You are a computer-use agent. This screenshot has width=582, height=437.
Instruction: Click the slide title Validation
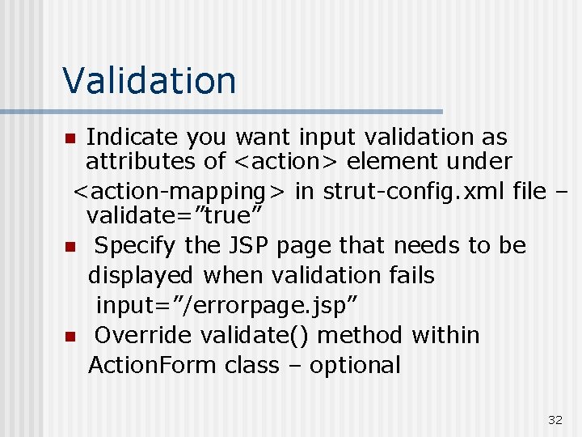[150, 80]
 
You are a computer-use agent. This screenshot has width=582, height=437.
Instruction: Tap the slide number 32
[555, 419]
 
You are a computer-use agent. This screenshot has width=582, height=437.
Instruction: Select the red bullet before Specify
[70, 246]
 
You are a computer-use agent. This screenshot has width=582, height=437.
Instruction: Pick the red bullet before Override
[70, 336]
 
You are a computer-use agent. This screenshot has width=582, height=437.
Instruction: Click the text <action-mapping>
[179, 191]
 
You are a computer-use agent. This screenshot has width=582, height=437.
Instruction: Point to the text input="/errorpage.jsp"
[228, 305]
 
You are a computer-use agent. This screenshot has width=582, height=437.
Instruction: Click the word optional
[355, 365]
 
